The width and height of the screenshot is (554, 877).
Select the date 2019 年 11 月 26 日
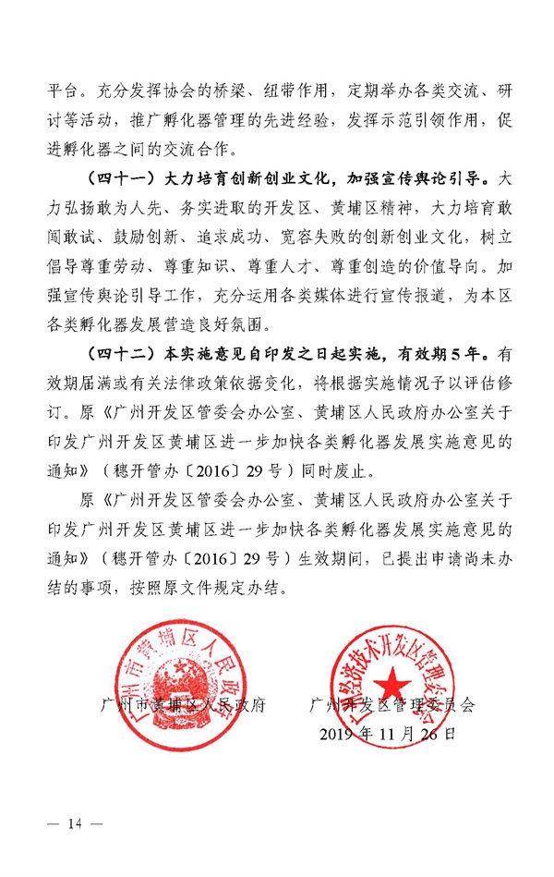pyautogui.click(x=387, y=736)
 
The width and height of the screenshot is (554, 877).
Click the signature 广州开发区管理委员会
pyautogui.click(x=393, y=705)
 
